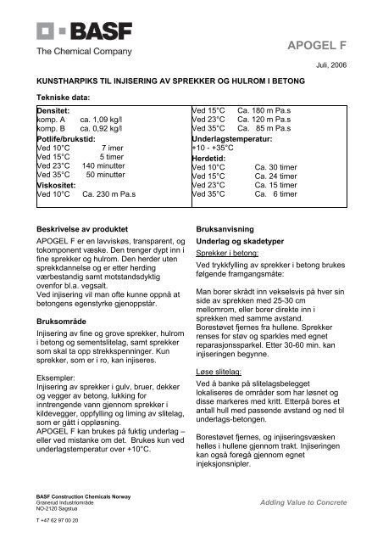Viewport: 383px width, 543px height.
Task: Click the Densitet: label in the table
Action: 52,111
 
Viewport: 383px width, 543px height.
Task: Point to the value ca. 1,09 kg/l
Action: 102,120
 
